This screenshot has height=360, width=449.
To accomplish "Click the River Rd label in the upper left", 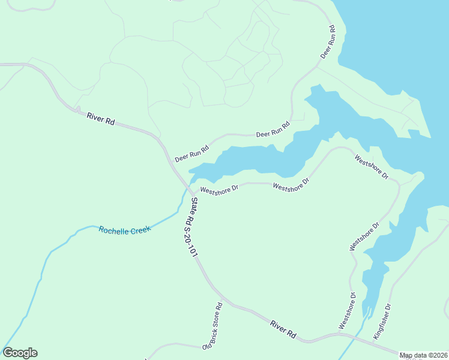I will [100, 118].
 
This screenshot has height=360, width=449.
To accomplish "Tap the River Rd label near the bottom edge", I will [283, 329].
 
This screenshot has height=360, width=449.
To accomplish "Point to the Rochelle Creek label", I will [125, 229].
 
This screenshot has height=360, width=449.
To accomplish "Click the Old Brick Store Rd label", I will [212, 326].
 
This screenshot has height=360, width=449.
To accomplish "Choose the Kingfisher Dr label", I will [382, 322].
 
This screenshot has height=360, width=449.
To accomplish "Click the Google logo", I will [20, 353].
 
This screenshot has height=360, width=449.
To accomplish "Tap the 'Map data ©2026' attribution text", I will [423, 355].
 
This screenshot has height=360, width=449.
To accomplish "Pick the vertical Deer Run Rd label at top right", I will [327, 41].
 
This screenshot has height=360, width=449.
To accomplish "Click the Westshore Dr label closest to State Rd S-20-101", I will [219, 190].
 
